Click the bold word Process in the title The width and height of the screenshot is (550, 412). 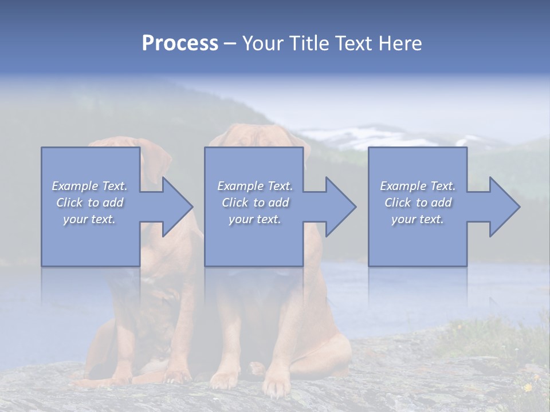(x=180, y=43)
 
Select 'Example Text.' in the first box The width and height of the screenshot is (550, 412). (x=89, y=186)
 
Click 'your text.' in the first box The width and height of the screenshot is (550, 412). (x=89, y=219)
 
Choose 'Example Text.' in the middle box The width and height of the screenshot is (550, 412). (x=255, y=186)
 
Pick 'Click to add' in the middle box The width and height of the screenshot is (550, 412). (x=255, y=203)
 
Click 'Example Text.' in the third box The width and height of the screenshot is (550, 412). (x=418, y=186)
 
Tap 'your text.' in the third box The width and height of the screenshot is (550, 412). (x=418, y=219)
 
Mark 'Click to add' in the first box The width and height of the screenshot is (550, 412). (x=89, y=203)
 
